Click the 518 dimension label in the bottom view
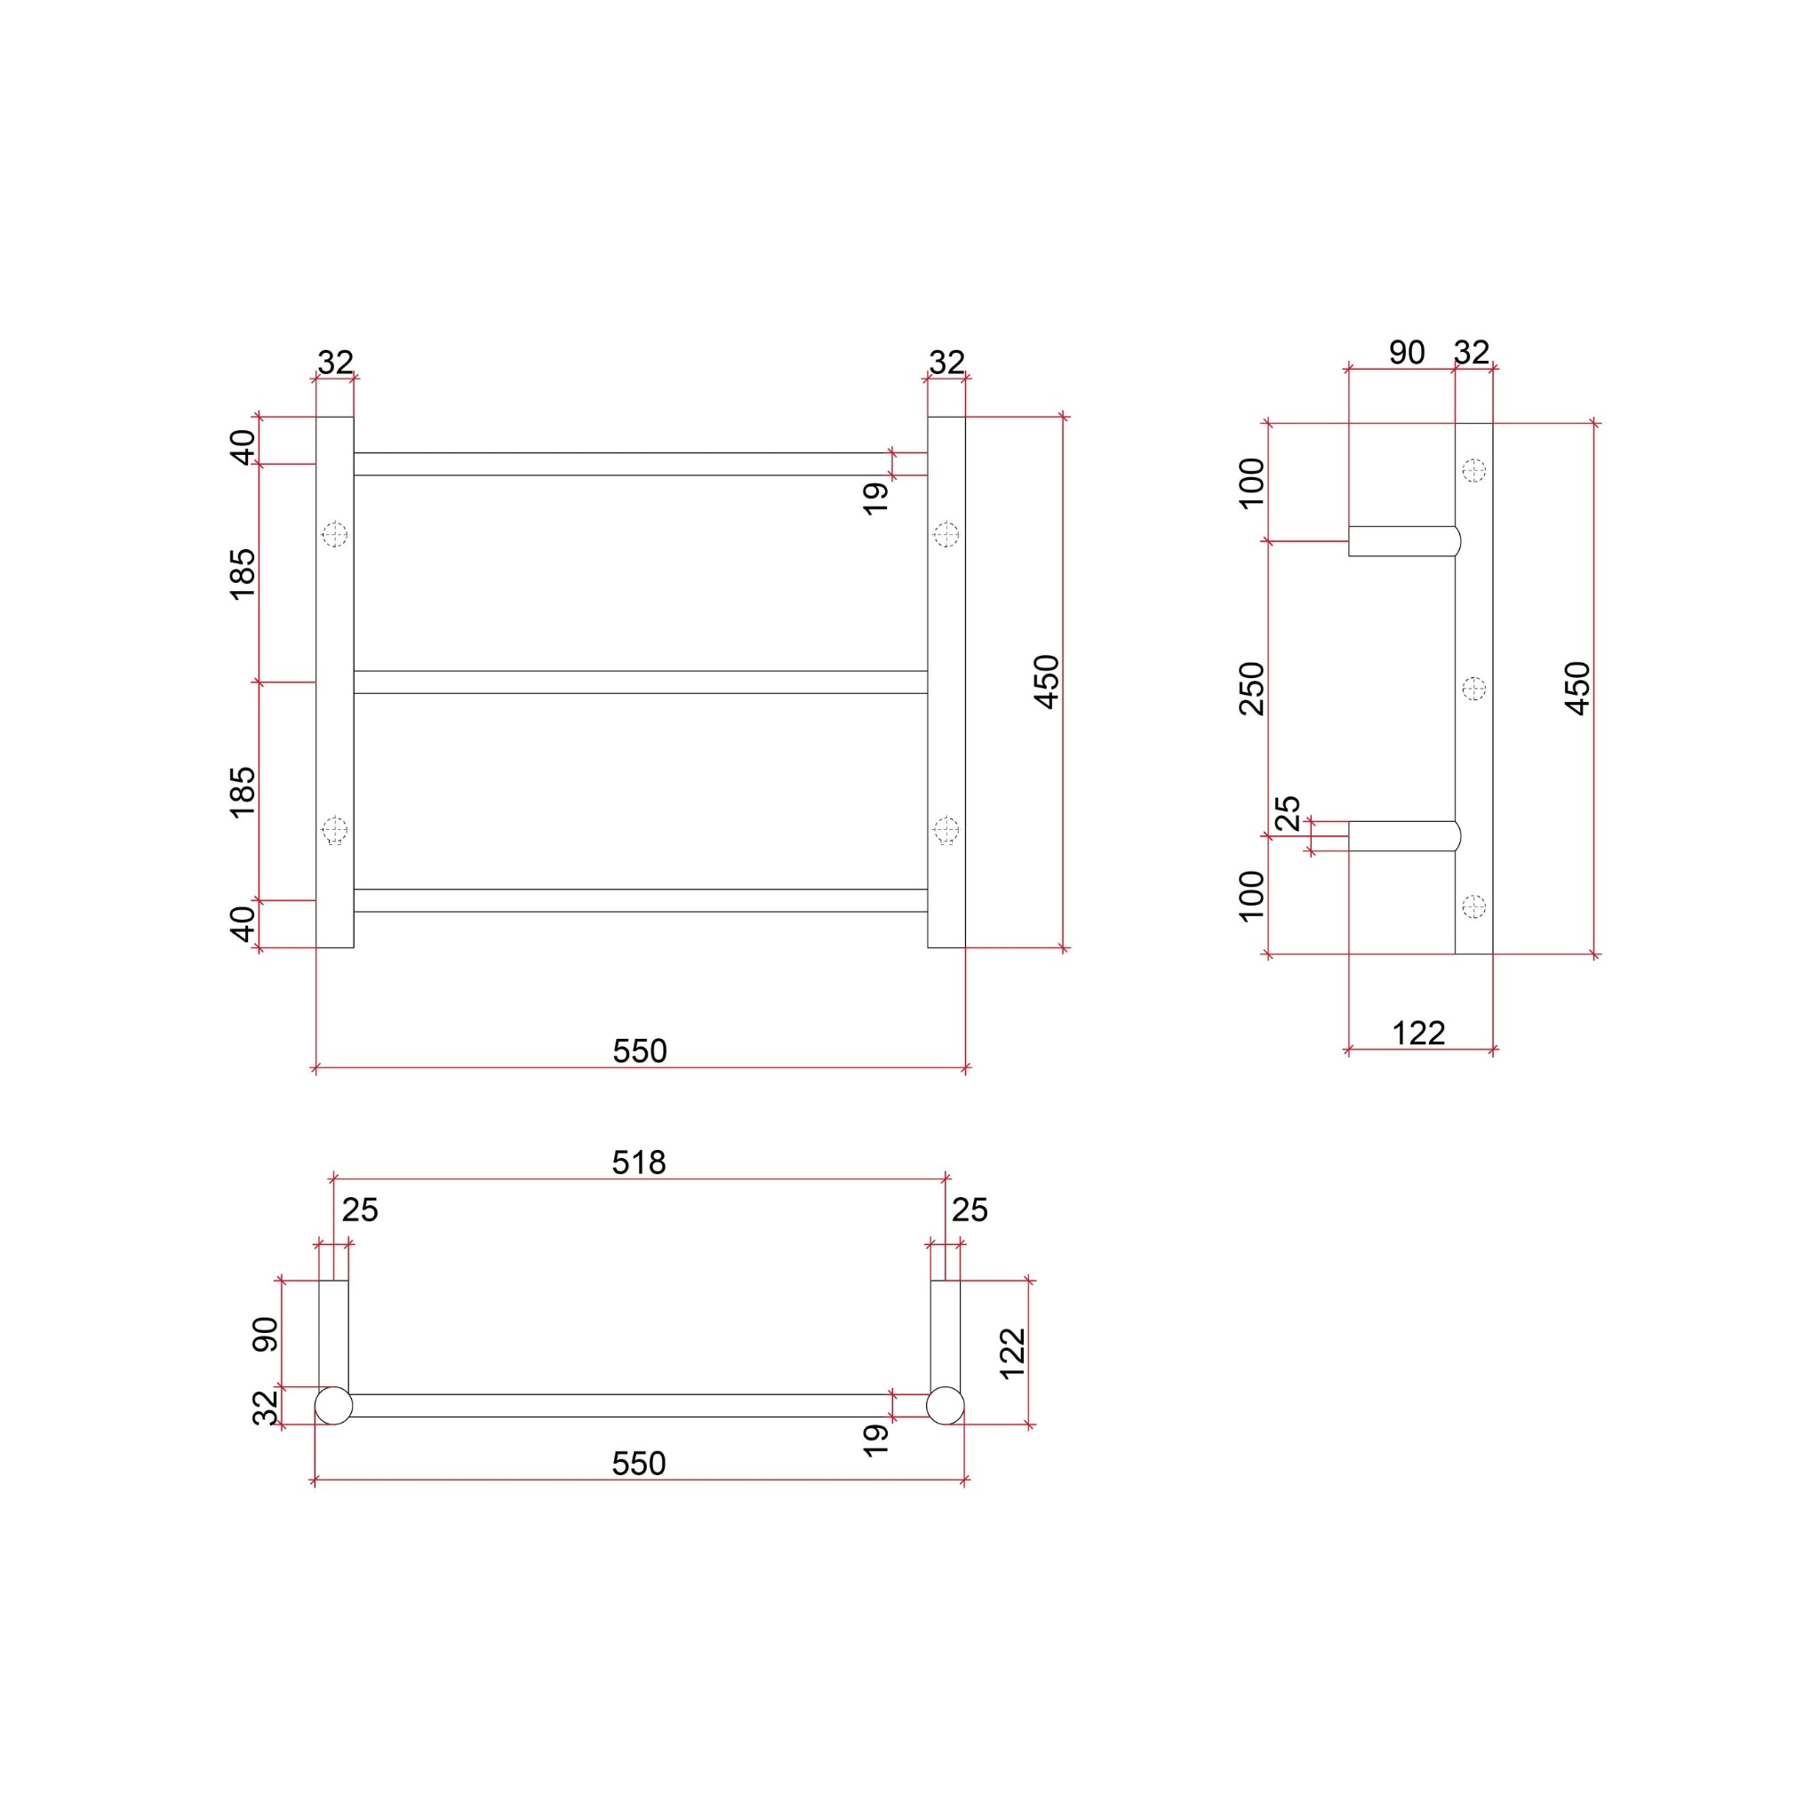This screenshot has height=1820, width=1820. (x=639, y=1163)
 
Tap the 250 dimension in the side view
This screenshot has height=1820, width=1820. (x=1252, y=689)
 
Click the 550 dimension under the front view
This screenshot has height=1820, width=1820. (x=640, y=1050)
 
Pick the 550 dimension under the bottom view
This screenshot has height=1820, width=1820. (x=639, y=1463)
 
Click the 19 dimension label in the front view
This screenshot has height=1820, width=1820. (x=876, y=499)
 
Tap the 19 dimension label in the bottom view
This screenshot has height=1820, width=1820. (x=876, y=1441)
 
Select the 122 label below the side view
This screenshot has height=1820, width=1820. (x=1418, y=1034)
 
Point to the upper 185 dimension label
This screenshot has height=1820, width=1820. (x=243, y=573)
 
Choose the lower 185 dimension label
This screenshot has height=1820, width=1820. (x=243, y=791)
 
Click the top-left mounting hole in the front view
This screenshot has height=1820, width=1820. (x=334, y=535)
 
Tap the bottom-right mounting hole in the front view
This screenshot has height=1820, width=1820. (x=946, y=830)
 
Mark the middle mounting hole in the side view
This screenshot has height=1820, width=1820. (x=1473, y=689)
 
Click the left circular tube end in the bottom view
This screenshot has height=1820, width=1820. (x=333, y=1406)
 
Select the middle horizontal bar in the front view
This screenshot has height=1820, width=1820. (x=641, y=682)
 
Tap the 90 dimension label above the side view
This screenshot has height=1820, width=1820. (x=1407, y=352)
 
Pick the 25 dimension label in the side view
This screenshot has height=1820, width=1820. (x=1288, y=812)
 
